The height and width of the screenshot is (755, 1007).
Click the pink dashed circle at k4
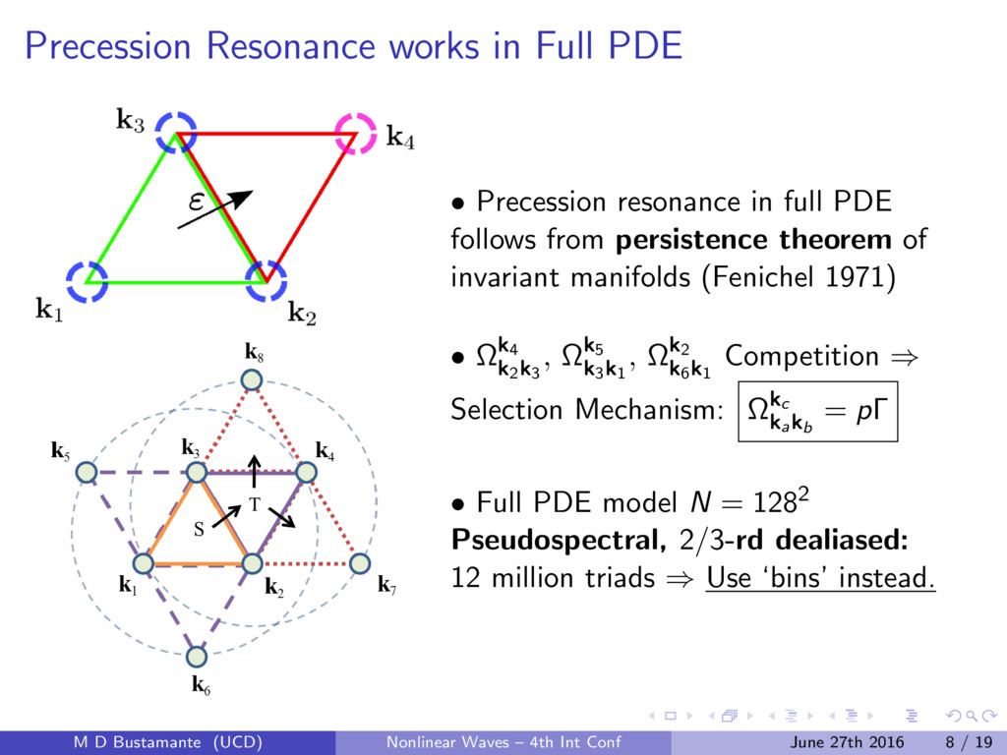click(x=355, y=133)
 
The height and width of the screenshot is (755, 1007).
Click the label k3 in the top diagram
click(x=131, y=122)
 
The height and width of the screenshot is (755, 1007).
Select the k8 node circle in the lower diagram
click(x=253, y=380)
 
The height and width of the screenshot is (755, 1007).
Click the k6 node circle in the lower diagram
click(x=198, y=655)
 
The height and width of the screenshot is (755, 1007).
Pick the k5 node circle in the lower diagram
click(x=87, y=472)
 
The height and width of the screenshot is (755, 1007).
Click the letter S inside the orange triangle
click(x=198, y=529)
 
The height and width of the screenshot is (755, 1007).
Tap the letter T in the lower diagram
click(x=253, y=504)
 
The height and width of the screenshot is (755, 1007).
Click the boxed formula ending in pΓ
click(x=818, y=412)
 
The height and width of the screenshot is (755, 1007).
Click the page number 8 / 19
click(x=968, y=741)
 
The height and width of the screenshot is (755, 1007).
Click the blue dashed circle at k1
click(x=87, y=282)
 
